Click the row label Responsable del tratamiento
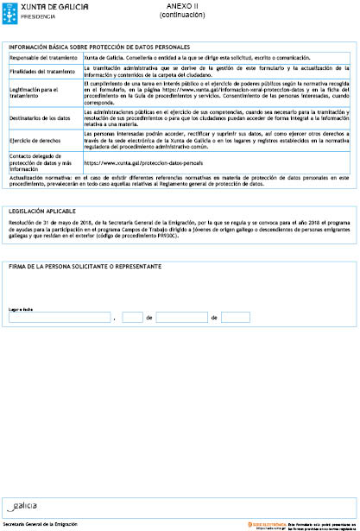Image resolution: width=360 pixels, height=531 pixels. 43,57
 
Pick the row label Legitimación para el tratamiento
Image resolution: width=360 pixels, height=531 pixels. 35,91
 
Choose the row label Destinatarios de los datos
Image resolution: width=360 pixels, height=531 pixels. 40,117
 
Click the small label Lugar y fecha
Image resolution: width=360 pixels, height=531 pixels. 21,307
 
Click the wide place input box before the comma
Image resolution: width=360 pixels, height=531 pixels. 59,318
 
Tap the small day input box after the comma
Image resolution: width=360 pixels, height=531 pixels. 130,318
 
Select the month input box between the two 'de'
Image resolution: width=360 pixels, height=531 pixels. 182,318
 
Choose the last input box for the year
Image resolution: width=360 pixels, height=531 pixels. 236,318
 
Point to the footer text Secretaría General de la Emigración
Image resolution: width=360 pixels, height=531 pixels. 41,524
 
